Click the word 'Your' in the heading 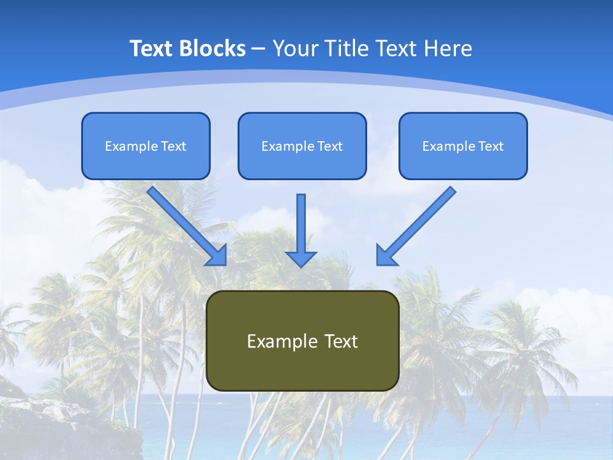pos(296,49)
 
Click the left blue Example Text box pos(146,146)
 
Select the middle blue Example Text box pos(302,146)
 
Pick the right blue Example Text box pos(463,146)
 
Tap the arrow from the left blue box pos(185,224)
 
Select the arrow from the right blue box pos(418,224)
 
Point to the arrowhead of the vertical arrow pos(301,258)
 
